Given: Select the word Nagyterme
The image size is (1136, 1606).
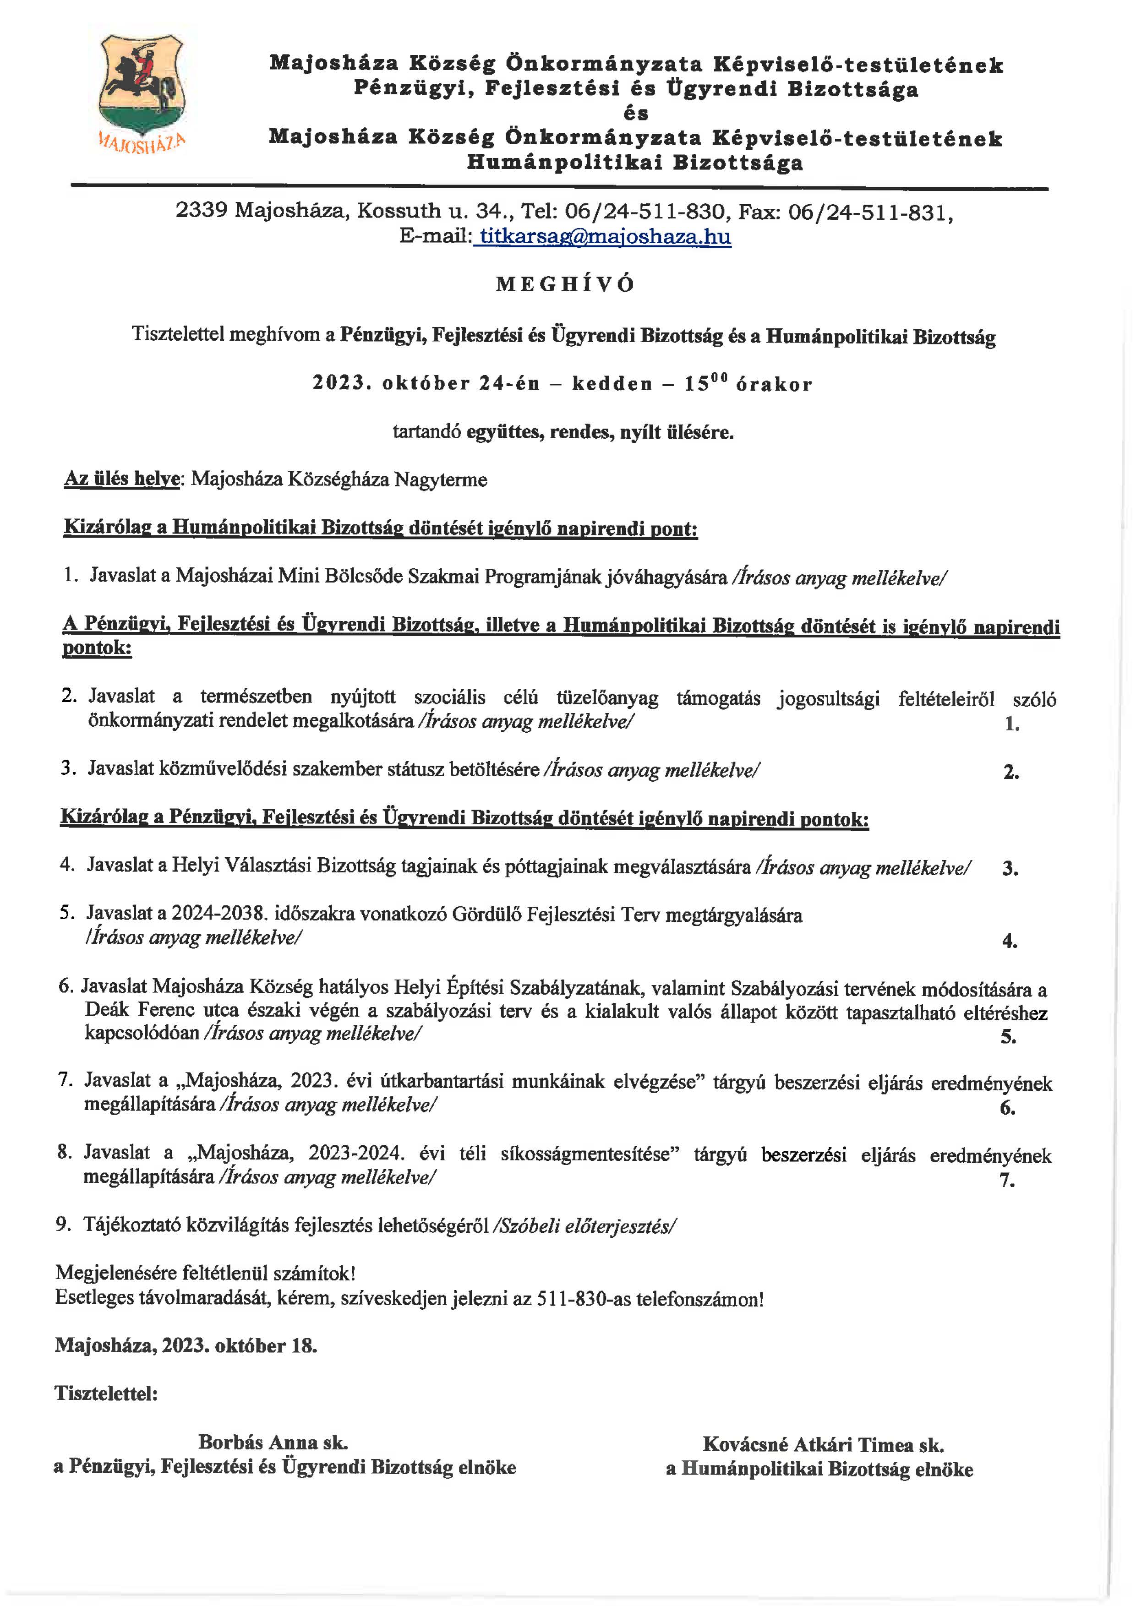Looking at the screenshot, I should click(x=441, y=480).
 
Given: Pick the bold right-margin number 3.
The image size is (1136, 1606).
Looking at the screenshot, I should click(x=1010, y=868).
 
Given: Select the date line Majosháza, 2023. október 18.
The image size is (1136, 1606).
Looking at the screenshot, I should click(x=186, y=1346).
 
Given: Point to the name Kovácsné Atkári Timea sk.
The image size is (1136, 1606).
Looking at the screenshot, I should click(x=823, y=1444).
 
